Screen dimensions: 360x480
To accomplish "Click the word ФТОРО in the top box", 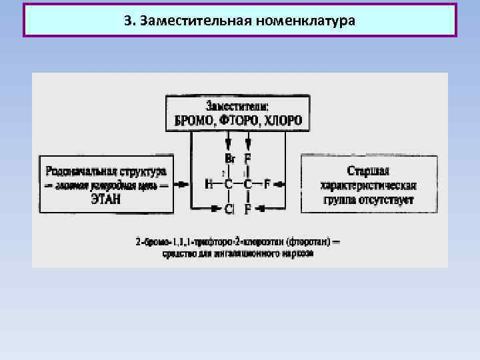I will pyautogui.click(x=237, y=121).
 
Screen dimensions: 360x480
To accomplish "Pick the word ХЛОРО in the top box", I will pyautogui.click(x=283, y=121).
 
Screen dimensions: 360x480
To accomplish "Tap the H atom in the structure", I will pyautogui.click(x=208, y=185).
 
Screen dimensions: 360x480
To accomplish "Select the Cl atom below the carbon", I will pyautogui.click(x=229, y=209).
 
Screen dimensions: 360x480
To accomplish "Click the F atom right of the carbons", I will pyautogui.click(x=267, y=185).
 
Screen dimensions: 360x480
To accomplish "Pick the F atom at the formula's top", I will pyautogui.click(x=248, y=159).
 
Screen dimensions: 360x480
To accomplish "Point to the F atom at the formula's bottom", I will pyautogui.click(x=248, y=209).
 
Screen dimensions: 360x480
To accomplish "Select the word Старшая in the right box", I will pyautogui.click(x=368, y=171).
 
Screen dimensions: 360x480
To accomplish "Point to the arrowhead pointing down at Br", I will pyautogui.click(x=228, y=144).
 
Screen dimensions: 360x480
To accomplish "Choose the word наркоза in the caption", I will pyautogui.click(x=299, y=253).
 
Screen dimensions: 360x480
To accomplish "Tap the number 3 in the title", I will pyautogui.click(x=127, y=21).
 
